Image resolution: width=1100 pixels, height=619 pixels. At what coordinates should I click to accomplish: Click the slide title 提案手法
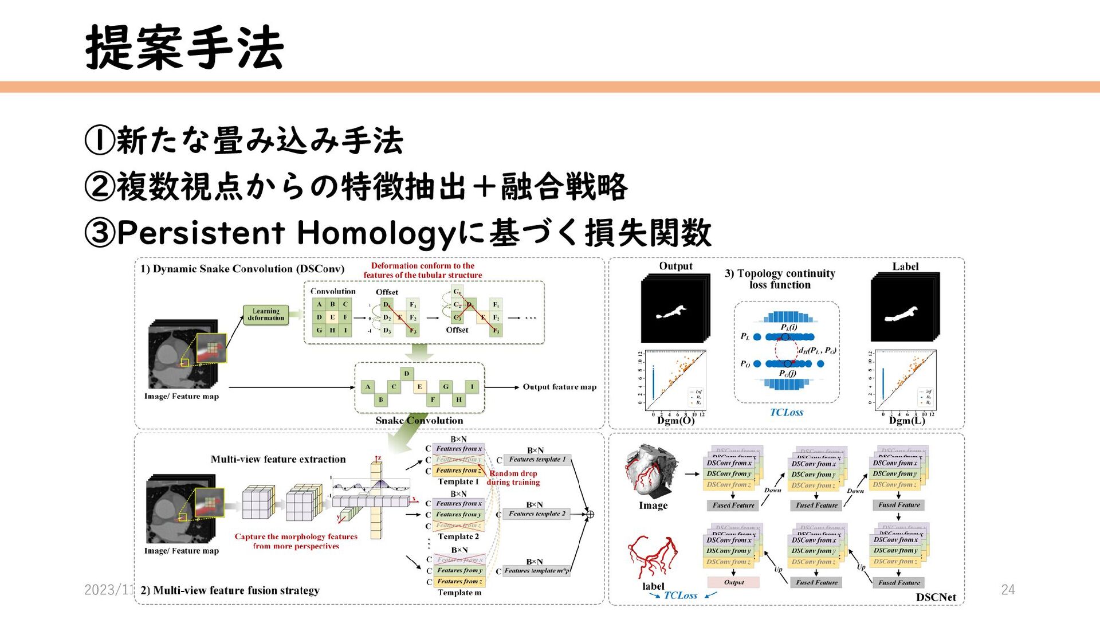point(184,48)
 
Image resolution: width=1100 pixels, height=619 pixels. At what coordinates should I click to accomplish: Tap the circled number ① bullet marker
point(100,140)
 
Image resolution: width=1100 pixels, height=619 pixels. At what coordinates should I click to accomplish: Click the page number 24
point(1007,589)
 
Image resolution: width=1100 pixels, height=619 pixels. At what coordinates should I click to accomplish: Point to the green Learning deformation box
point(266,315)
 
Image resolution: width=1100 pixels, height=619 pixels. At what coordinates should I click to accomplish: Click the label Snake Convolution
point(419,421)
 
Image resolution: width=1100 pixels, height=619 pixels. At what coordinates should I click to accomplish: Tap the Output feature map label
point(559,387)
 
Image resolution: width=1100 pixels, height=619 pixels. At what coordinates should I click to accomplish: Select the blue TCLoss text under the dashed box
point(786,412)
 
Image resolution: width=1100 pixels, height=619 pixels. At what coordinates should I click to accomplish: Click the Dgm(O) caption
point(676,421)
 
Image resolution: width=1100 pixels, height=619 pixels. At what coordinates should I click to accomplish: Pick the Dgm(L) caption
point(907,421)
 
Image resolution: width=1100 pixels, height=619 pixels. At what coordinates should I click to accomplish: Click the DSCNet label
point(936,597)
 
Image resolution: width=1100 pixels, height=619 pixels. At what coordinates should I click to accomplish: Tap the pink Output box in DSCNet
point(733,582)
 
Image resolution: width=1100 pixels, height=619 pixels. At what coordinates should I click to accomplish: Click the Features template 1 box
point(537,460)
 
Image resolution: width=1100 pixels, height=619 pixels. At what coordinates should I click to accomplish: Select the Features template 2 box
point(537,514)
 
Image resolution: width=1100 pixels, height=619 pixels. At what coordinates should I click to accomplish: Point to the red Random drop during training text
point(513,478)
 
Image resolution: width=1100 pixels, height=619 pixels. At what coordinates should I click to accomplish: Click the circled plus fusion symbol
point(590,514)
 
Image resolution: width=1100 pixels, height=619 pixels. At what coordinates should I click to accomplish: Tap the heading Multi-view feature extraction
point(278,459)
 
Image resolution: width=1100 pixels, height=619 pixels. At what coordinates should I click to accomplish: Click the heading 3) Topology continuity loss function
point(780,279)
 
